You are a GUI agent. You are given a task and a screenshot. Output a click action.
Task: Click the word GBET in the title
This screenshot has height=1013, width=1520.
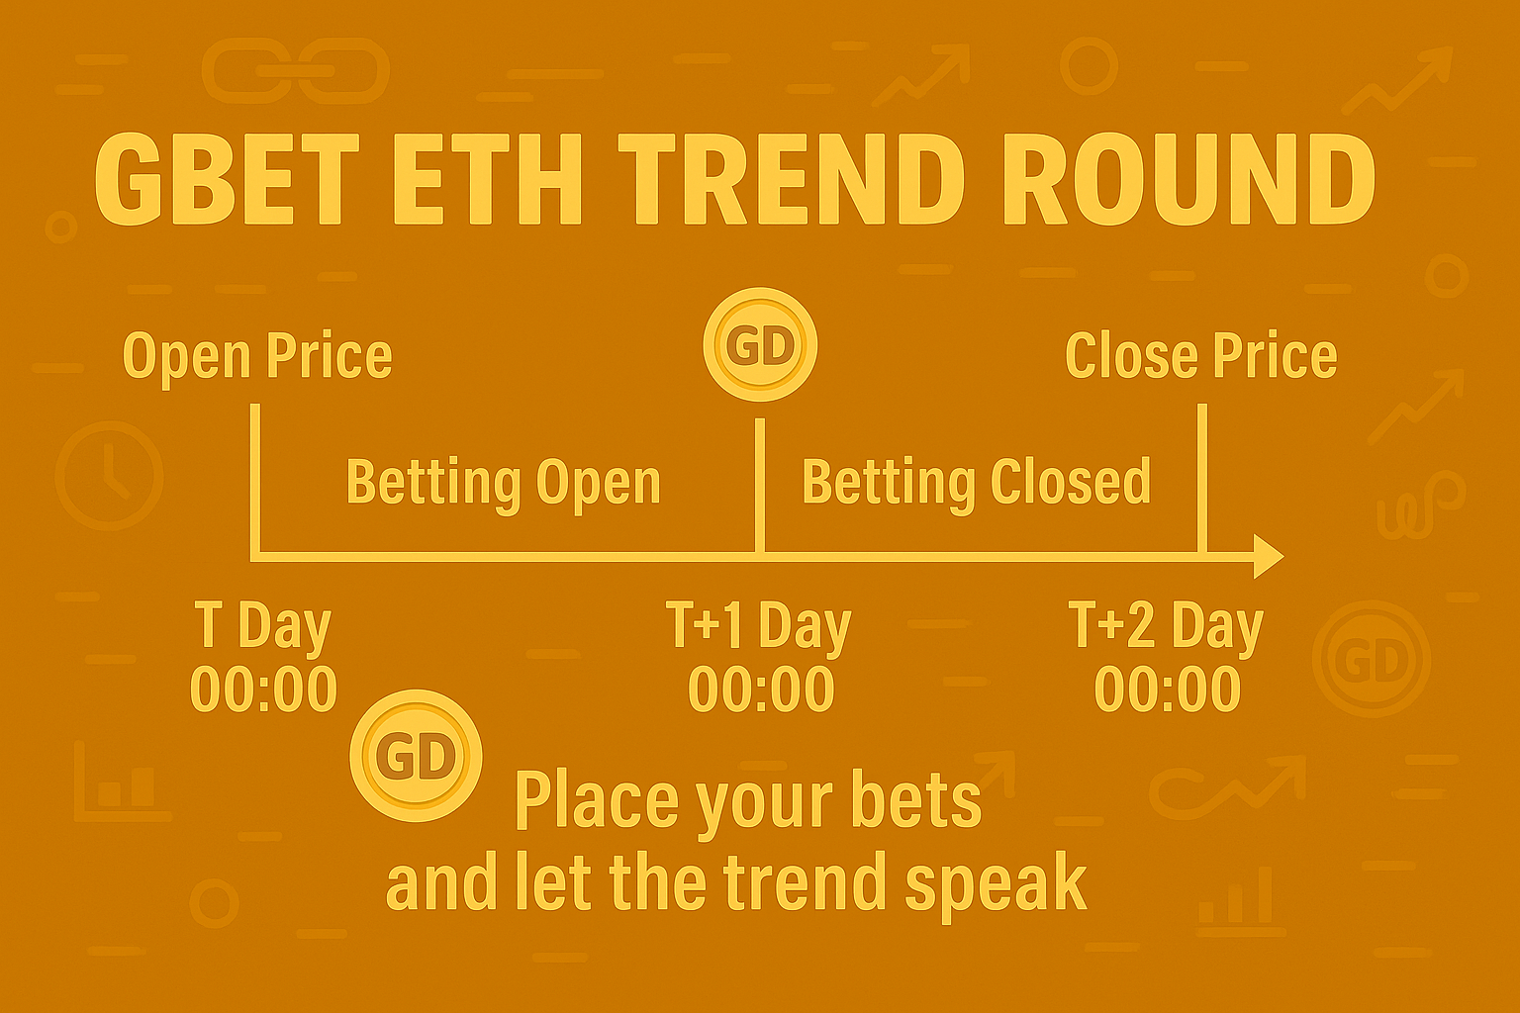(228, 180)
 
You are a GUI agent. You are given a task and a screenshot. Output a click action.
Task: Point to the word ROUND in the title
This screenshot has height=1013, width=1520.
(1187, 180)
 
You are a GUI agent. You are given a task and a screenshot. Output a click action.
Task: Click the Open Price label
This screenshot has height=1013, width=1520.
(257, 357)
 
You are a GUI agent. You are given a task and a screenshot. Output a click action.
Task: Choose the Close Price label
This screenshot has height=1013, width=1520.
(1201, 355)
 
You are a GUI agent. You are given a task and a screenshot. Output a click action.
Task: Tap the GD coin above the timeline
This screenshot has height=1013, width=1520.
(760, 344)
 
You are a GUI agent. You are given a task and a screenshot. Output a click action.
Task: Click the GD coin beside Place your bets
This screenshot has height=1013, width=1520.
(416, 756)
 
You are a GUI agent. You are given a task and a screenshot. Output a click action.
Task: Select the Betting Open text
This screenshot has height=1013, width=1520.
(504, 483)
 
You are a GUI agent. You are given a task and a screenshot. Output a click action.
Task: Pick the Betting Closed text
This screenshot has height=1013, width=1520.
(977, 482)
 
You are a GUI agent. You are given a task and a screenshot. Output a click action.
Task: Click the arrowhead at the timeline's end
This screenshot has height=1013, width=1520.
(1269, 556)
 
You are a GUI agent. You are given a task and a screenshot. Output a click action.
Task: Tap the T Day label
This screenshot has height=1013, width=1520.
(262, 626)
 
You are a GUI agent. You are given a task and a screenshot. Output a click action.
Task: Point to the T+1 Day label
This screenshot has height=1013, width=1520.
(759, 626)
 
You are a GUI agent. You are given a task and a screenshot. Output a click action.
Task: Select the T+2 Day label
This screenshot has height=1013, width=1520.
(1166, 626)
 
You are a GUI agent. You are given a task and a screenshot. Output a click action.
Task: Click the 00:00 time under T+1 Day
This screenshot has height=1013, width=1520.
(761, 690)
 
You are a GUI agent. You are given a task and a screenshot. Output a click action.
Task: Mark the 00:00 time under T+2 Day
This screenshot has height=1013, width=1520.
(1168, 690)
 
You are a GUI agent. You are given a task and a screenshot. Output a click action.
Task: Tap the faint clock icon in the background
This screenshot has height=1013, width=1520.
(109, 475)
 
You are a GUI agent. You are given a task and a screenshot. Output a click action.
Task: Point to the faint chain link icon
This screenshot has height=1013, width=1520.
(296, 70)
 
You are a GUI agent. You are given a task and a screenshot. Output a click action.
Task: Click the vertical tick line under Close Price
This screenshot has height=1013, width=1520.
(1201, 480)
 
